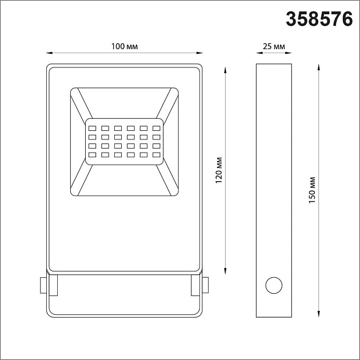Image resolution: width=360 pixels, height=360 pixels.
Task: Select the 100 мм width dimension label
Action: click(124, 46)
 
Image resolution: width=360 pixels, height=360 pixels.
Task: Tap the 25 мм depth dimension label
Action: click(275, 46)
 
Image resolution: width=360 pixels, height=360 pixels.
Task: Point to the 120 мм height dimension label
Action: click(219, 170)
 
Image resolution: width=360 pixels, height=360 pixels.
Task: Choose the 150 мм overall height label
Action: click(311, 190)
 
